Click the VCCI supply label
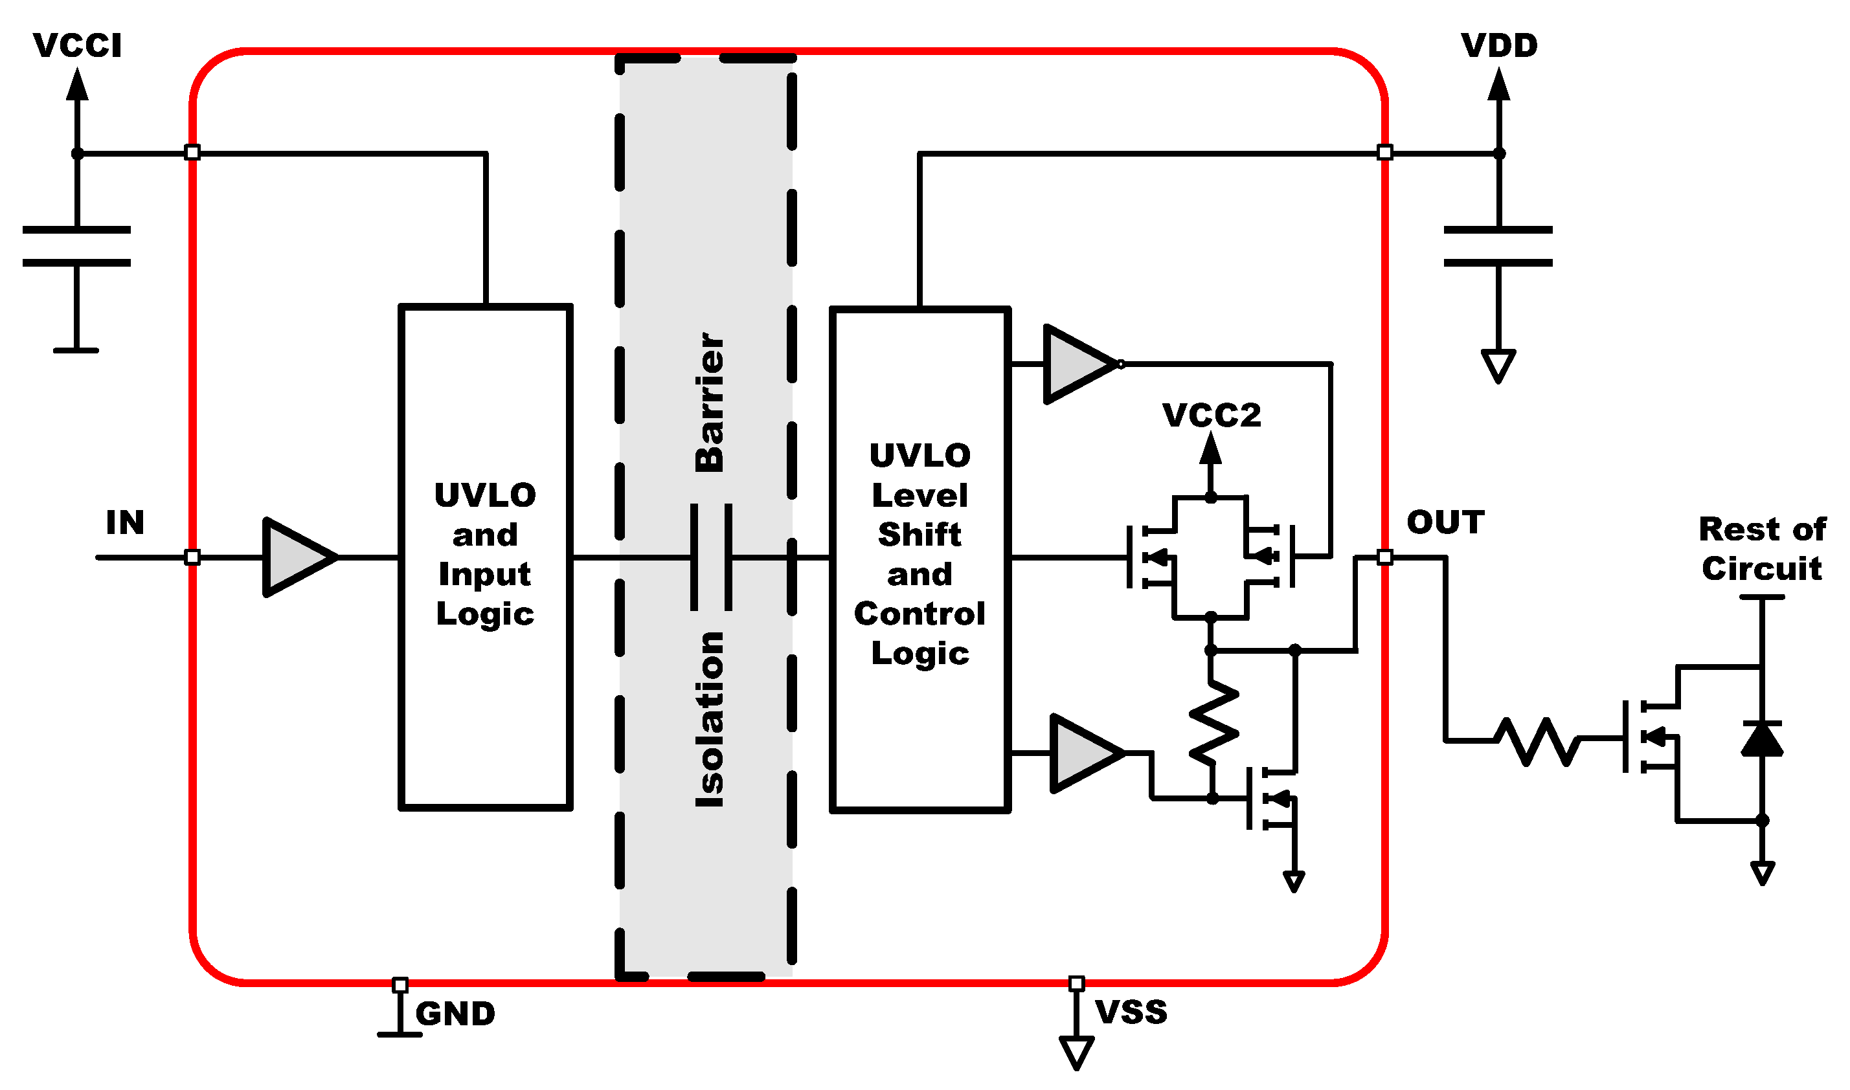[x=77, y=45]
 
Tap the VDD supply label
[x=1499, y=45]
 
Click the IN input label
[x=125, y=523]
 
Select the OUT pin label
[x=1445, y=523]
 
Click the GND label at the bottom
[x=455, y=1014]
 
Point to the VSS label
[x=1131, y=1013]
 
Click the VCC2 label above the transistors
[x=1212, y=416]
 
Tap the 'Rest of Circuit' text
[x=1762, y=550]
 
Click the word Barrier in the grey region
[x=710, y=403]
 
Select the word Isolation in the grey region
[x=710, y=720]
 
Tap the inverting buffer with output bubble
[x=1079, y=364]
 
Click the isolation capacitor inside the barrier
[x=711, y=558]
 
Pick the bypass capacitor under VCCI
[x=77, y=247]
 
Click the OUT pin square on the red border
[x=1385, y=557]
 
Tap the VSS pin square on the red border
[x=1076, y=983]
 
